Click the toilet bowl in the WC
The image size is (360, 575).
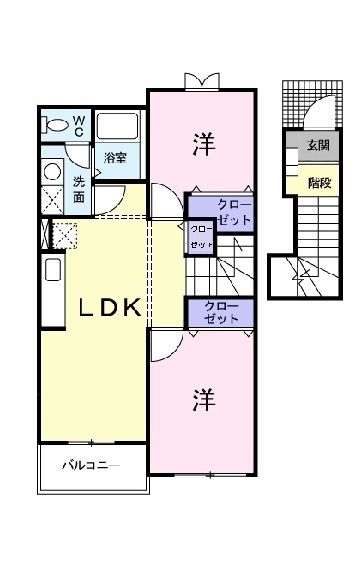[x=57, y=127]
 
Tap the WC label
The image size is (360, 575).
[x=80, y=125]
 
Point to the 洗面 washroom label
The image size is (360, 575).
[x=80, y=189]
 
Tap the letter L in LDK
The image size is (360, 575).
[x=87, y=308]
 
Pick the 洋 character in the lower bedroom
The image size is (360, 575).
[x=202, y=400]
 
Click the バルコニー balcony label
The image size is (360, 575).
[x=91, y=466]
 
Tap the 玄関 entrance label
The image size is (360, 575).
[x=318, y=146]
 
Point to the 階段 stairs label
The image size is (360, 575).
[x=319, y=183]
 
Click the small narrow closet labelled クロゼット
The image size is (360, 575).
[x=201, y=235]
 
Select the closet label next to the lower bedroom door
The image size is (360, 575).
[x=221, y=312]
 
